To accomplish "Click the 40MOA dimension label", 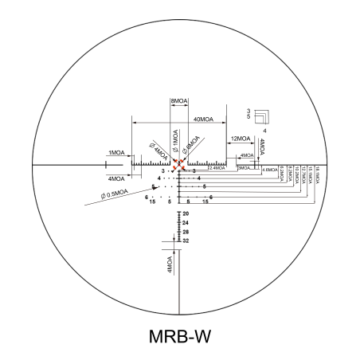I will point(202,119).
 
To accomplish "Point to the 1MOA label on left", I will point(116,152).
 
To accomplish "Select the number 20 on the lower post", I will point(186,214).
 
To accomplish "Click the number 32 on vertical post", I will point(186,241).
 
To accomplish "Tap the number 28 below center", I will point(186,232).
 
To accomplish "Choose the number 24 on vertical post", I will point(186,223).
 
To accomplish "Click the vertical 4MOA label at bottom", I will point(170,264).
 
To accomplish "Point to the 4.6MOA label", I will point(270,170).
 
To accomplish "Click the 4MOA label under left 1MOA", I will point(116,178).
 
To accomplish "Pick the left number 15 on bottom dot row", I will point(151,202).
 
